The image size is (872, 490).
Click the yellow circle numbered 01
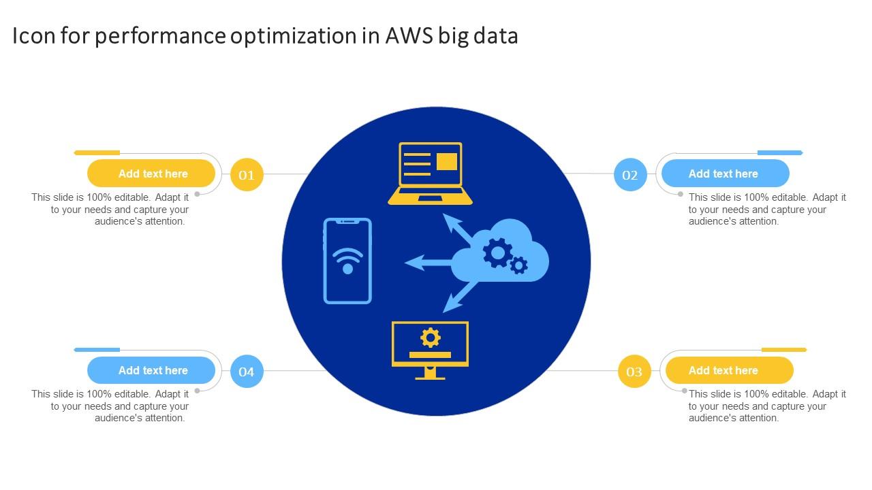pyautogui.click(x=247, y=175)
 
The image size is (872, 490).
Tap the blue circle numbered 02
pyautogui.click(x=630, y=175)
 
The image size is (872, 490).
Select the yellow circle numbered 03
pyautogui.click(x=634, y=372)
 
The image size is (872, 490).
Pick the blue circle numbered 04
pyautogui.click(x=247, y=372)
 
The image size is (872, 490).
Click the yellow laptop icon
pyautogui.click(x=430, y=174)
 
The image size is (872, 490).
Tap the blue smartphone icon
pyautogui.click(x=347, y=261)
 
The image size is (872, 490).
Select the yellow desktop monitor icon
pyautogui.click(x=430, y=349)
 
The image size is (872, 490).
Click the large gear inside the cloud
pyautogui.click(x=497, y=252)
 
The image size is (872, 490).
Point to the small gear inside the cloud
pyautogui.click(x=519, y=265)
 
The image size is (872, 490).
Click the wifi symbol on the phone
pyautogui.click(x=347, y=261)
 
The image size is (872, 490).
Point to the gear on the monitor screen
pyautogui.click(x=430, y=337)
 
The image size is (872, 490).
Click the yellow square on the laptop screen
pyautogui.click(x=446, y=161)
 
